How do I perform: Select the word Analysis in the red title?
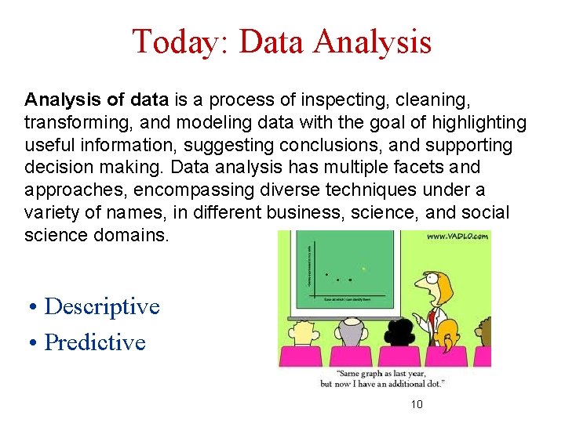372,42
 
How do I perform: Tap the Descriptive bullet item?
101,306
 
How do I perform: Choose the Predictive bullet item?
94,342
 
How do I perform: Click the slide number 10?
417,404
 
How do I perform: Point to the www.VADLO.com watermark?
458,236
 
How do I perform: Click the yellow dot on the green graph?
363,269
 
